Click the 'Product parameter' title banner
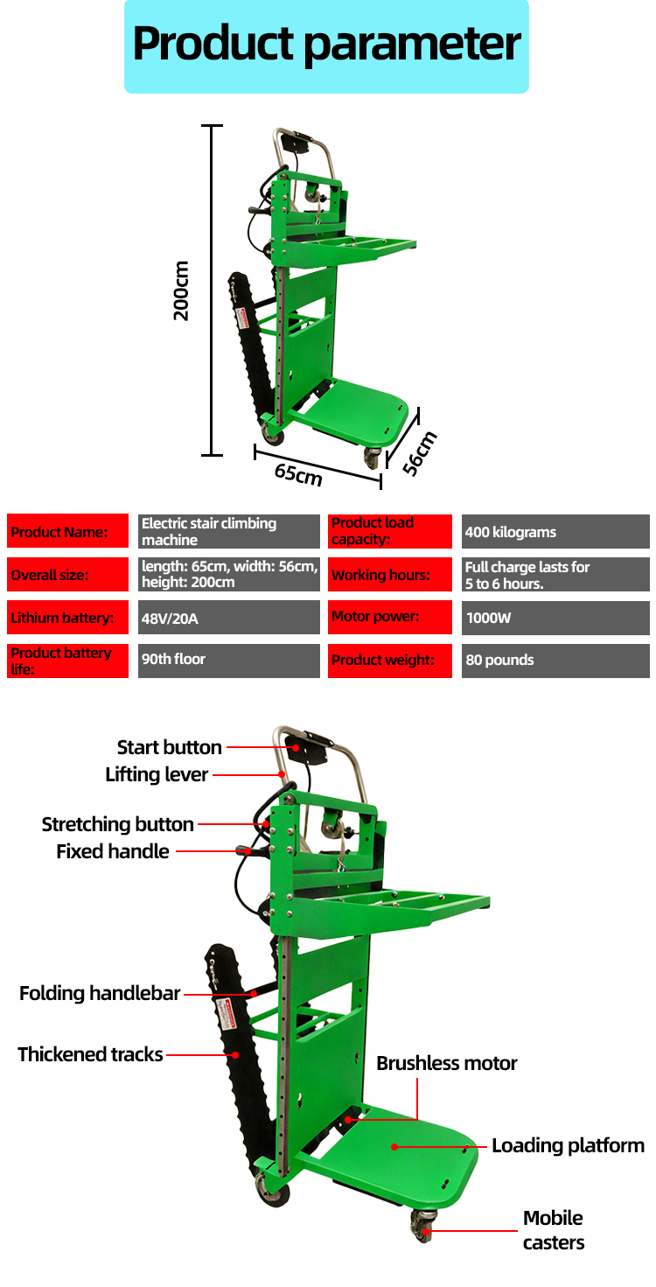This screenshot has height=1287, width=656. point(326,45)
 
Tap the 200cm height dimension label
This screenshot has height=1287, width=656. point(181,290)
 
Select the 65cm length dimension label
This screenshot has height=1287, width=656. point(298,473)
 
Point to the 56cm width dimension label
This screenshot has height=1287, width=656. point(420,452)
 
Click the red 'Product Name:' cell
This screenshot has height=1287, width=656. point(68,532)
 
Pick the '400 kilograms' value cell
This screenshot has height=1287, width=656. point(555,532)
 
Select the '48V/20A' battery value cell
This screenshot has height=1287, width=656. point(229,618)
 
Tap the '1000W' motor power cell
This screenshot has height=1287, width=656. point(555,618)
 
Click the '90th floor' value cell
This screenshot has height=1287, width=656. point(229,660)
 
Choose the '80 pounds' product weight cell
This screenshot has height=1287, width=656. point(555,661)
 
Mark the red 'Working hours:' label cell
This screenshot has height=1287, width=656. point(390,575)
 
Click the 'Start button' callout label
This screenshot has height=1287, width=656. point(169,747)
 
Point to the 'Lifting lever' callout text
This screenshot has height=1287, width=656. point(157,774)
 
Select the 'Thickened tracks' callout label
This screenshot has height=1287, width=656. point(90,1054)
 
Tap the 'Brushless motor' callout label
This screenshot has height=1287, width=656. point(447,1063)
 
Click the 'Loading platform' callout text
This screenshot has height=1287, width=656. point(568,1145)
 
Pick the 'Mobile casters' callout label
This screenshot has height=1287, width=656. point(553,1229)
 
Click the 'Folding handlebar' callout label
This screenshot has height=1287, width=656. point(100,993)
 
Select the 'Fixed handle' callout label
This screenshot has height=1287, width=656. point(113,851)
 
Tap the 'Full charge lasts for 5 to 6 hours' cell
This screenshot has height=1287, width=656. point(555,575)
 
